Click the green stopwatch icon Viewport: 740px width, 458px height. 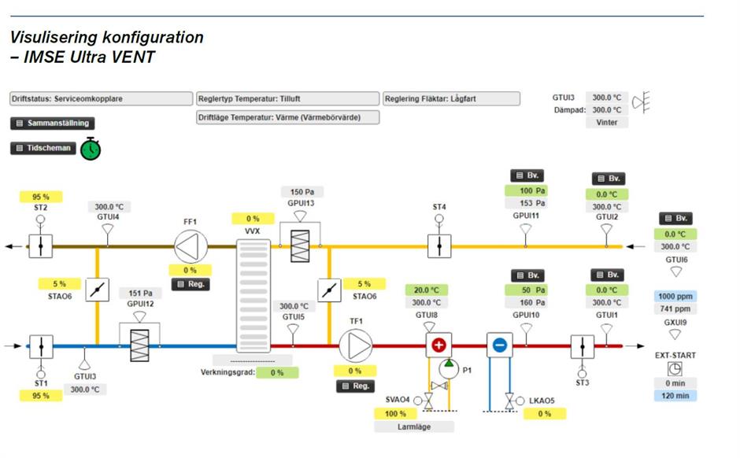[91, 148]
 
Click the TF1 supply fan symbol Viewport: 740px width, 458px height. [355, 345]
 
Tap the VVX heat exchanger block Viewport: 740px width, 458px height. [253, 295]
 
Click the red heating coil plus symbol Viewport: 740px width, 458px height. [438, 345]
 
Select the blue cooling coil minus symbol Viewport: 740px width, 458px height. [499, 345]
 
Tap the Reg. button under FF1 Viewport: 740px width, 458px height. [191, 284]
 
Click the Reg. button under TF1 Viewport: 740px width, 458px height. [355, 386]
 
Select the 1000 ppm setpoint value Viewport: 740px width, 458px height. [675, 297]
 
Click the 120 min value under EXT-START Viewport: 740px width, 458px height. [675, 396]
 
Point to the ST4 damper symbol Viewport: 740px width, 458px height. [439, 246]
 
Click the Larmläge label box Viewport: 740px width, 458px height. [414, 427]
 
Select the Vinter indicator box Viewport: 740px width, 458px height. [607, 123]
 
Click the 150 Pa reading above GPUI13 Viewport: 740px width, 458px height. [302, 192]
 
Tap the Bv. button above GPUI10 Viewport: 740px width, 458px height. [527, 275]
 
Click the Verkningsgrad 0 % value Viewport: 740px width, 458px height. [277, 372]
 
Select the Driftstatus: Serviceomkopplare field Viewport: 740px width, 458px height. [101, 99]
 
